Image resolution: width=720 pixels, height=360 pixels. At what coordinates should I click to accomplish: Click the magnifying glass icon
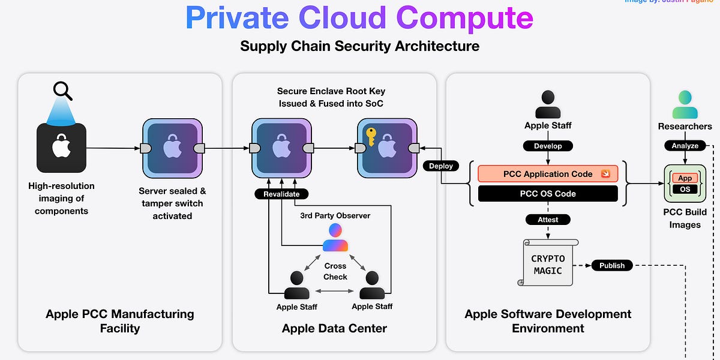[63, 91]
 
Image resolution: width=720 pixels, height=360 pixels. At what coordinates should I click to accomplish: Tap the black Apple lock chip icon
[61, 148]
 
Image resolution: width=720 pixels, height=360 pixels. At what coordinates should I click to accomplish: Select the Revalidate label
[281, 194]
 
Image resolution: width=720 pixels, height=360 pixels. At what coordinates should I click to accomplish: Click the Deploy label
[441, 166]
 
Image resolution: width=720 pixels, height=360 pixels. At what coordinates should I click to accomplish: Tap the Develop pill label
[548, 146]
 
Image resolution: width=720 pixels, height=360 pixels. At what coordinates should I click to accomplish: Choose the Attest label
[548, 220]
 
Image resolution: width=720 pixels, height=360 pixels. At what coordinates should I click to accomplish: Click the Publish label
[612, 265]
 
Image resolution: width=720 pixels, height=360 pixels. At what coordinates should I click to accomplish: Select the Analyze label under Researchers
[685, 146]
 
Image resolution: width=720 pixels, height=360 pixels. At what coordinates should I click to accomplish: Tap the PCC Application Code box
[548, 174]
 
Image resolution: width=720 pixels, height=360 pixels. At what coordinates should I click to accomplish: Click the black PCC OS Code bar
[548, 194]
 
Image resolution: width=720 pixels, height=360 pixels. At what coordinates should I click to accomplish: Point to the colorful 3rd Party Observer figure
[335, 238]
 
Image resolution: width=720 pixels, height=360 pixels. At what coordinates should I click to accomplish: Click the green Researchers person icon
[685, 104]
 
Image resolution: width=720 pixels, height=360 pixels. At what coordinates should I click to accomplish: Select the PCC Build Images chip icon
[685, 184]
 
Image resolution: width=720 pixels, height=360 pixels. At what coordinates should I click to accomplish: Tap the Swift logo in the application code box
[606, 174]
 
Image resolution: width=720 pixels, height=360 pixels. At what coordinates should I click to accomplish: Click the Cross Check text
[335, 271]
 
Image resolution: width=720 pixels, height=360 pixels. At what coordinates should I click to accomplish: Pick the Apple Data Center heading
[334, 328]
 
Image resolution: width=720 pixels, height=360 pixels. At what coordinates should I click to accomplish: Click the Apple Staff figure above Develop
[548, 104]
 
